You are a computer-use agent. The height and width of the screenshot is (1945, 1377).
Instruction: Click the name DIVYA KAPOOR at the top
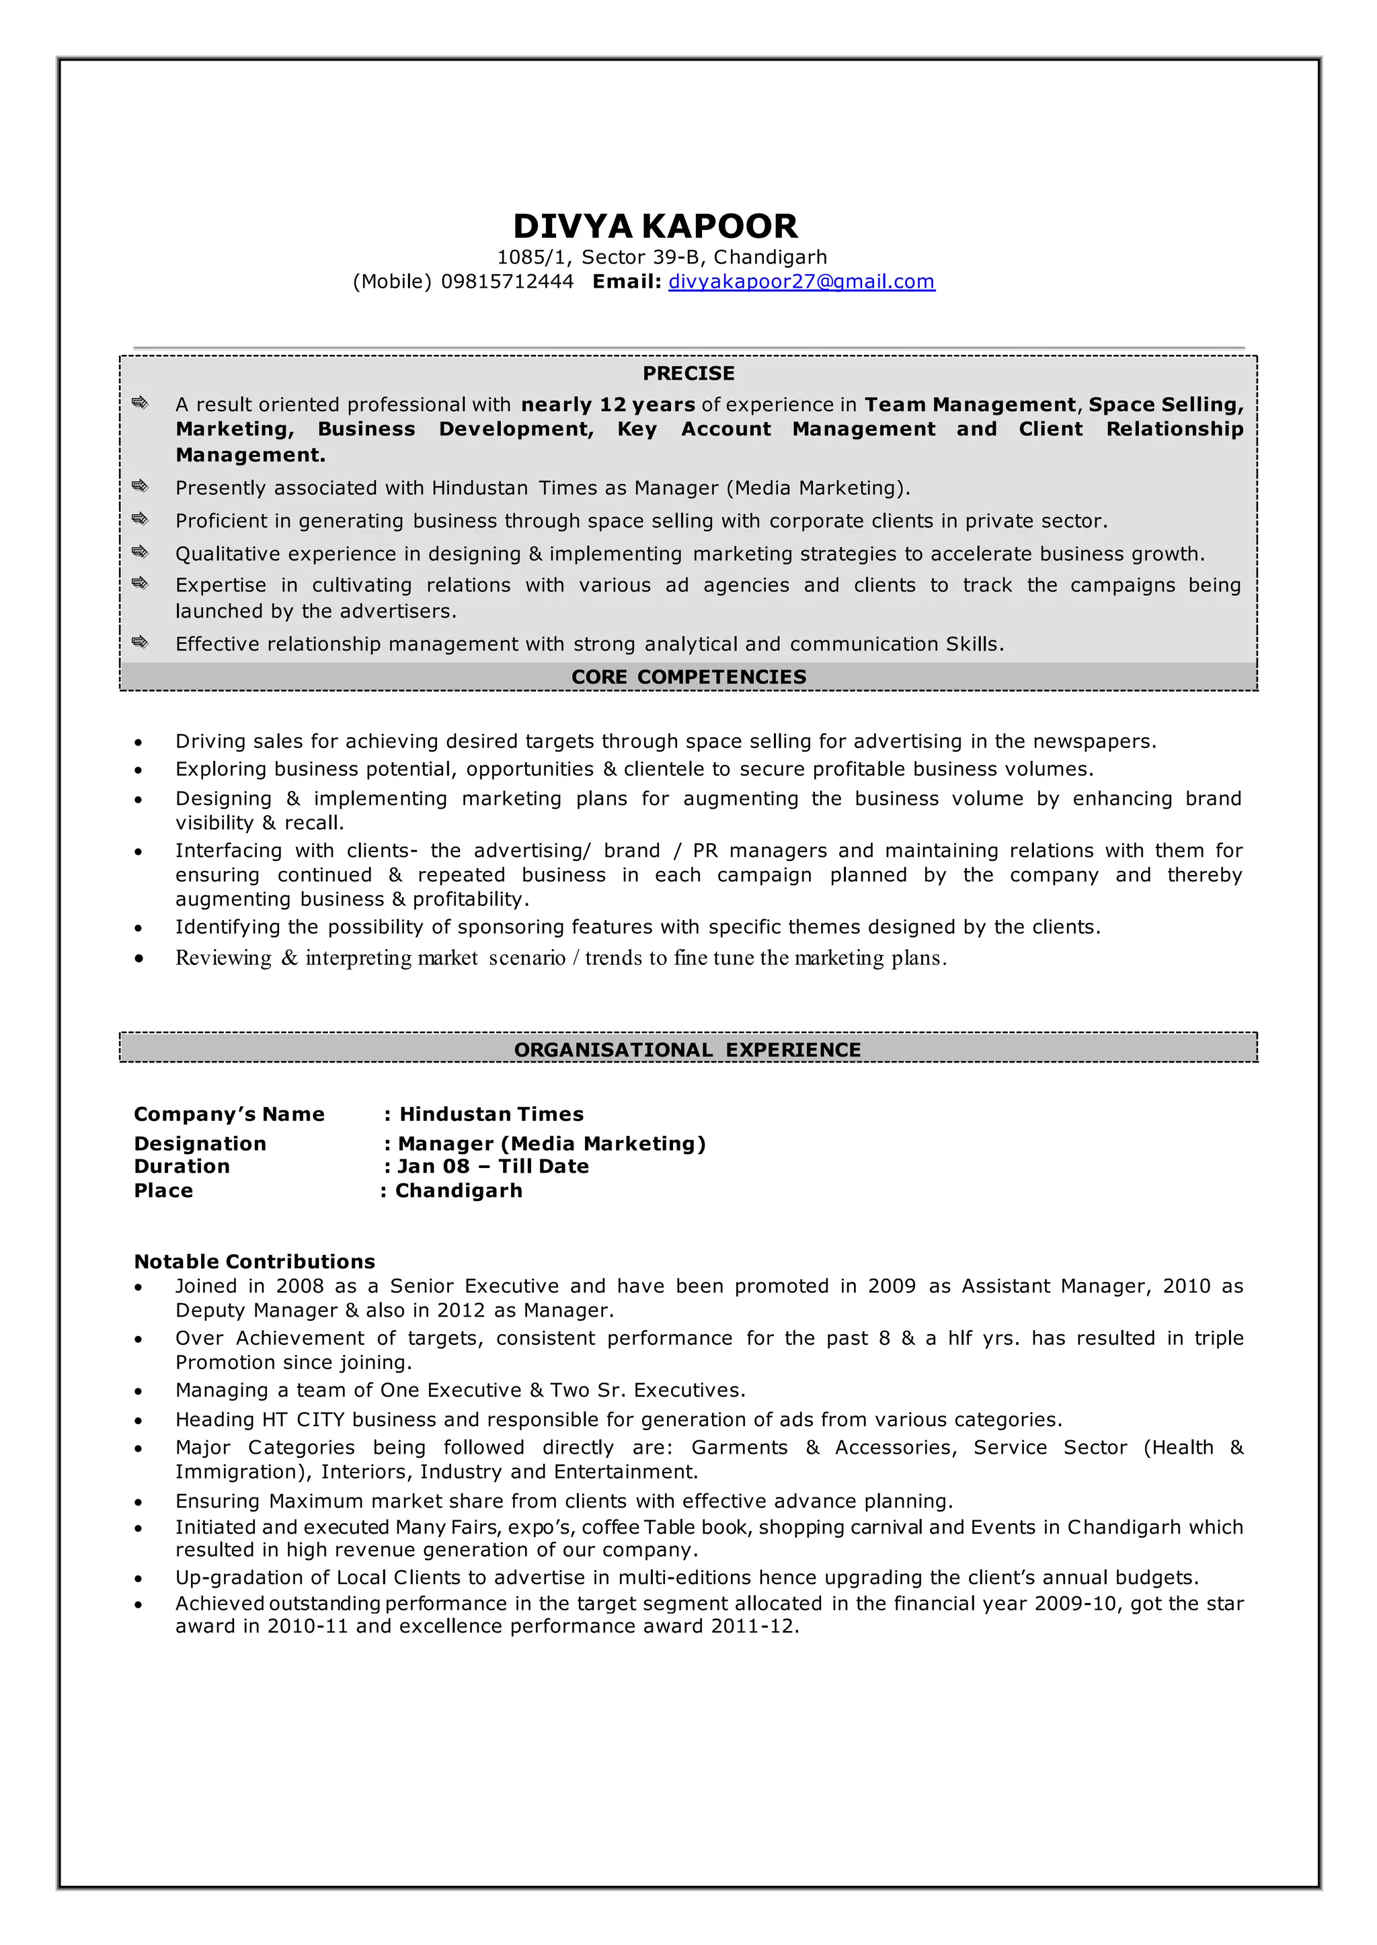[x=655, y=226]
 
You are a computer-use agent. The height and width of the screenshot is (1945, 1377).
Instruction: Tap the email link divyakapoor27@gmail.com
[x=801, y=282]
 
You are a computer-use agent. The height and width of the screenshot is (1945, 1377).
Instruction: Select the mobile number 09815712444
[x=507, y=282]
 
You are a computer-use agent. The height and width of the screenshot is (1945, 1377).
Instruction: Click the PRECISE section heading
[x=688, y=373]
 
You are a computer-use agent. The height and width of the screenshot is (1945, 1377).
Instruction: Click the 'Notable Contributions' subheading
[x=254, y=1261]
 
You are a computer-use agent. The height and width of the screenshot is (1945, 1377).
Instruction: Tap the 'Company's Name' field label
[x=229, y=1114]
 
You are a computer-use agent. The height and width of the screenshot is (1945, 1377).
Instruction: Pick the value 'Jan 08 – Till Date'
[x=493, y=1166]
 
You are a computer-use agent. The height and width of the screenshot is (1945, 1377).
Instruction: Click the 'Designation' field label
[x=200, y=1143]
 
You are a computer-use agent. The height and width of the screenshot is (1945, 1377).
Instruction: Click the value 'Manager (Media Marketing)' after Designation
[x=552, y=1143]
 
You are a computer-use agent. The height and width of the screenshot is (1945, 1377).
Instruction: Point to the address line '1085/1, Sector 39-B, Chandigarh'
[x=662, y=257]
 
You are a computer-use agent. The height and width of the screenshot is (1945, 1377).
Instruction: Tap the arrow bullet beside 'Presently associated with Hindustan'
[x=140, y=486]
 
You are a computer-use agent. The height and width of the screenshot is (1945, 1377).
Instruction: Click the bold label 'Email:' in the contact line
[x=627, y=282]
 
